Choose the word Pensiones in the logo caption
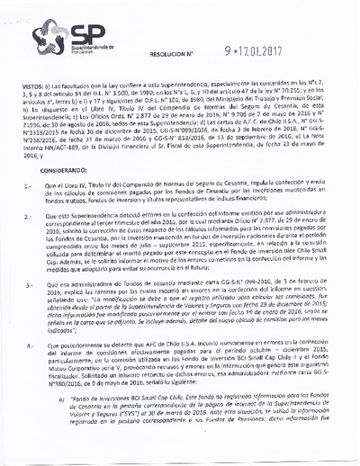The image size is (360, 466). [x=78, y=53]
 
